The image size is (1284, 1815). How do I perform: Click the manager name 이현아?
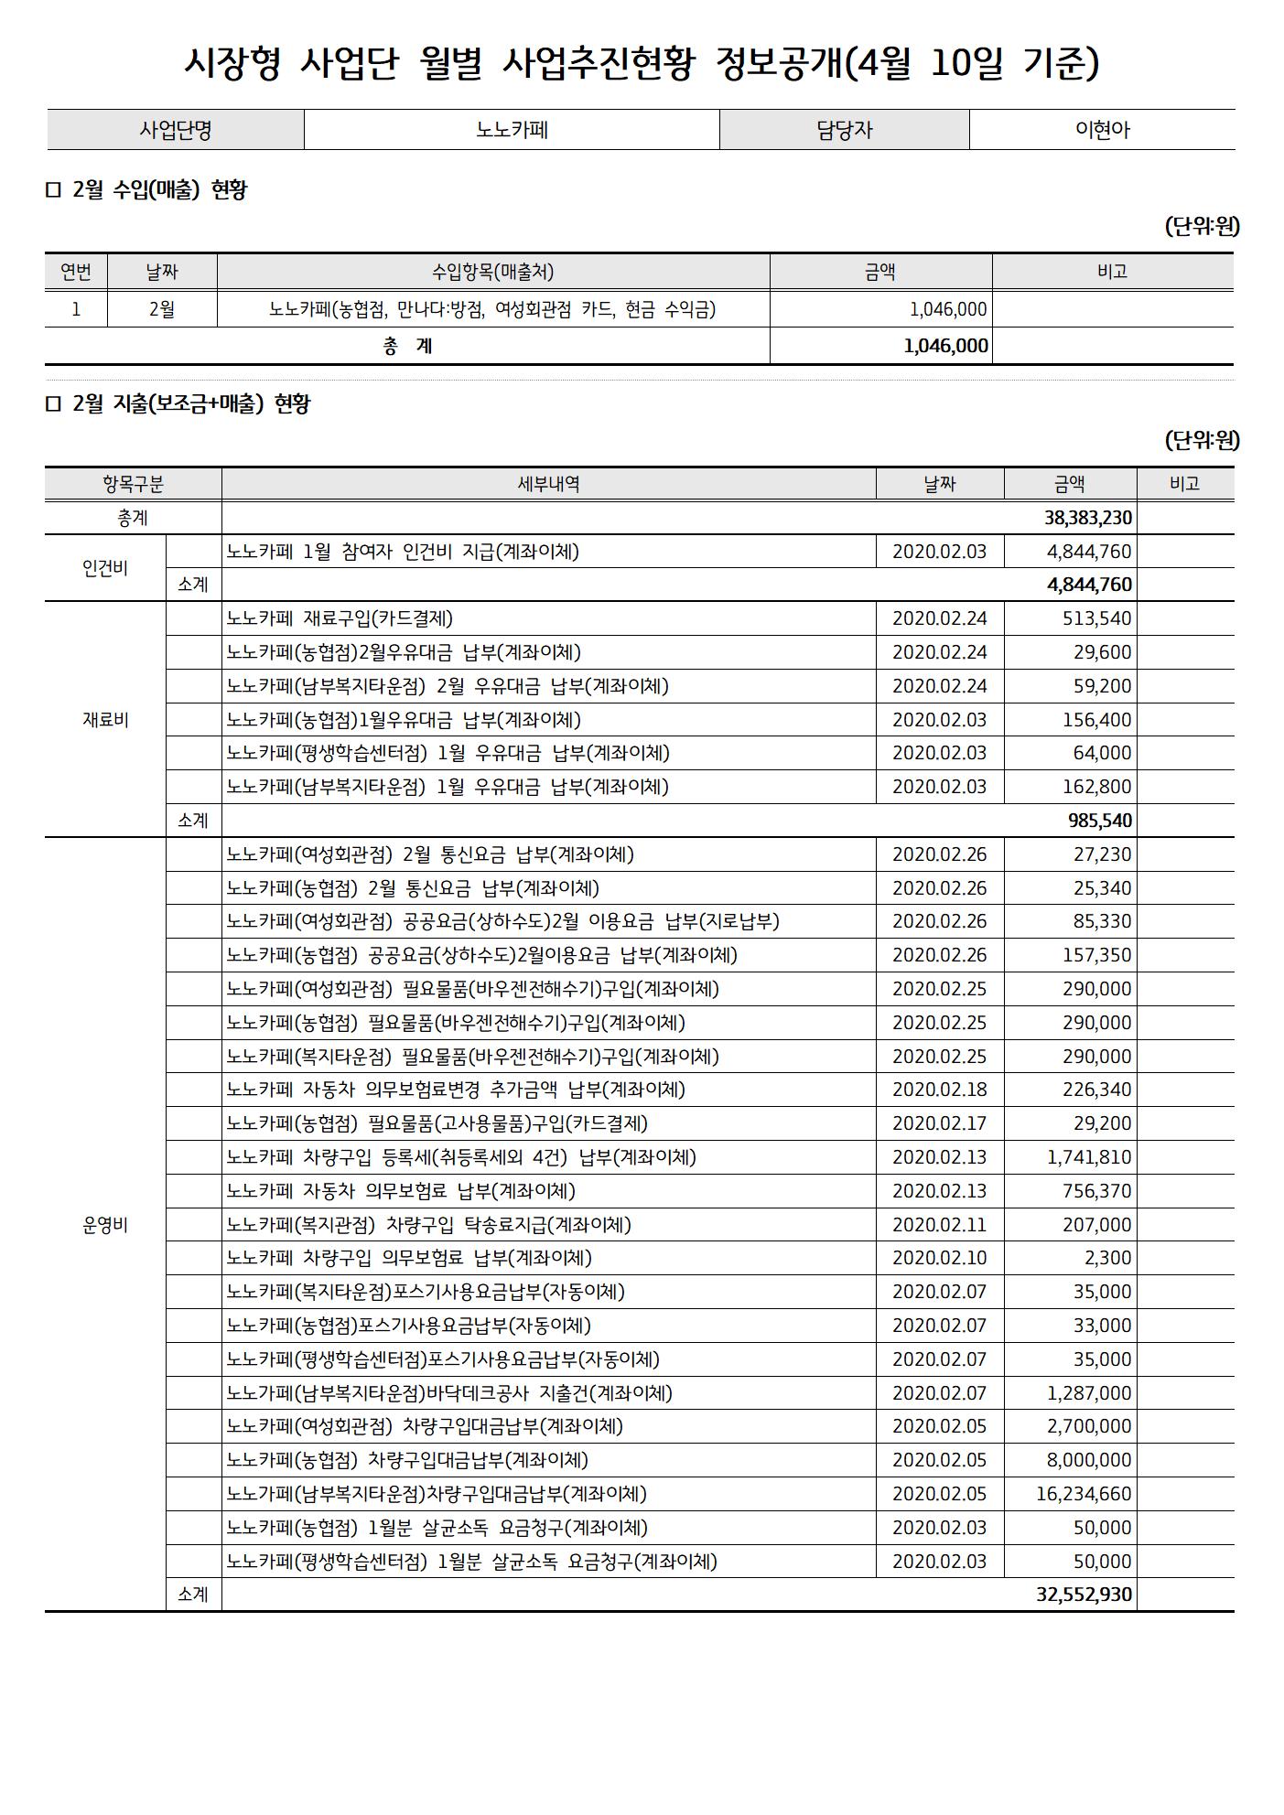coord(1102,130)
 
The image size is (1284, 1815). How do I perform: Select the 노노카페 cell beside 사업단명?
coord(512,130)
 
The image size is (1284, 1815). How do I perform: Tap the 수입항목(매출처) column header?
coord(492,272)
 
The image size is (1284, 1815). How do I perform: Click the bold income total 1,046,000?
coord(945,346)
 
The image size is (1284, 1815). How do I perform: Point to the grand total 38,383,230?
coord(1088,518)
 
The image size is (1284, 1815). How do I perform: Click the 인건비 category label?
coord(105,568)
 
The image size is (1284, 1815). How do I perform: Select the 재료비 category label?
coord(105,720)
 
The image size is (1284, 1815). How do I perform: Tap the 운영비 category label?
coord(105,1226)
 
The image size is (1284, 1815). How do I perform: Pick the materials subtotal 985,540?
coord(1100,821)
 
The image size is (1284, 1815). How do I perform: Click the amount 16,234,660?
coord(1084,1494)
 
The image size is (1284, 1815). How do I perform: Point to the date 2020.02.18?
coord(939,1090)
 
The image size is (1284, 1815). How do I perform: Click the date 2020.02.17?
coord(939,1123)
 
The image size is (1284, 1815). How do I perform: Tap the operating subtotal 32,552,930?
coord(1084,1595)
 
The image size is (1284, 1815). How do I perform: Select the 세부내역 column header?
coord(548,484)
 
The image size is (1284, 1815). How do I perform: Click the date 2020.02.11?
coord(939,1225)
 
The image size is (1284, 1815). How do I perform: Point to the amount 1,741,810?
coord(1089,1157)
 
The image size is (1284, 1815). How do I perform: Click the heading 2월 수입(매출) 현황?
coord(159,190)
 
